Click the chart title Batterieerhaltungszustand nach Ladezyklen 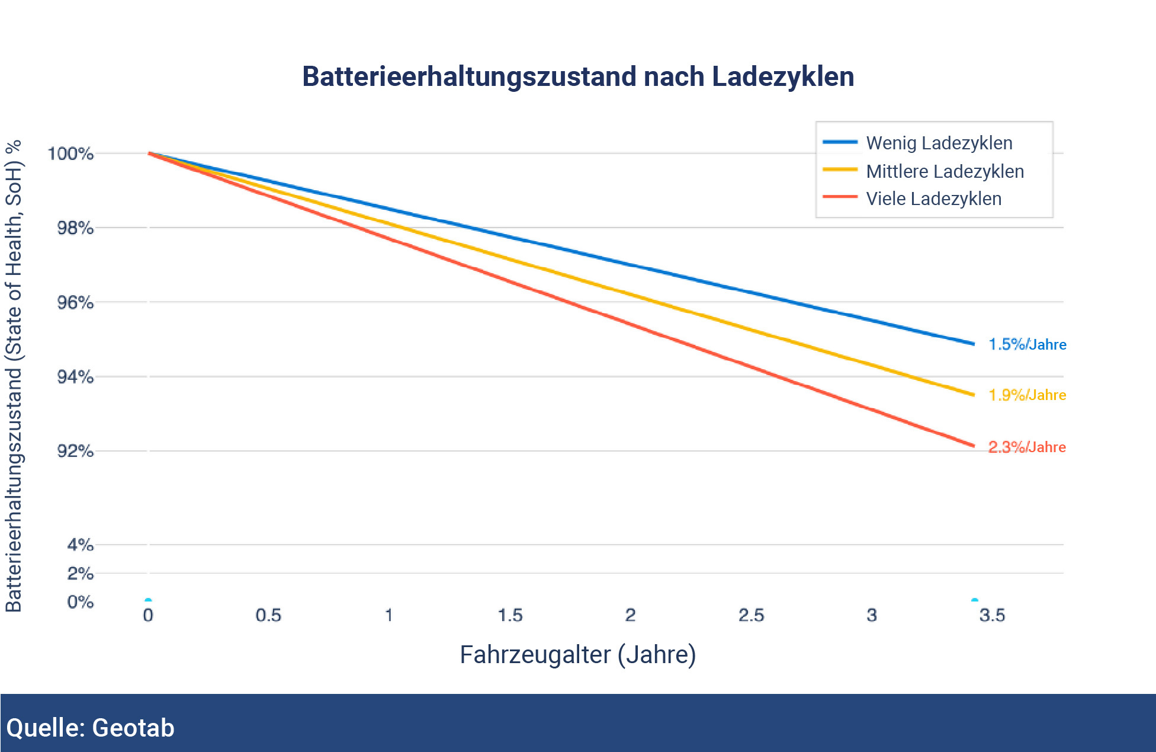coord(578,77)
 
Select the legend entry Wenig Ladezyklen coord(939,143)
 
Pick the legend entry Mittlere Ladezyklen coord(945,171)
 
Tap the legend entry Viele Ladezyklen coord(933,199)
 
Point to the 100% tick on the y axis coord(70,154)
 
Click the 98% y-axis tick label coord(75,228)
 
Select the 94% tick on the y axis coord(75,377)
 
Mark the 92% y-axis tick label coord(75,452)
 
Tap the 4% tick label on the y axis coord(80,545)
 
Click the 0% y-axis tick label coord(80,602)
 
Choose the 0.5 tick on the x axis coord(268,615)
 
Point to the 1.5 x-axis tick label coord(510,615)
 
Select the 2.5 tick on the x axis coord(751,615)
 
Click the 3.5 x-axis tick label coord(992,615)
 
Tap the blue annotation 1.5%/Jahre coord(1027,344)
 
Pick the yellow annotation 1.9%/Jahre coord(1027,395)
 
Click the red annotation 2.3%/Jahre coord(1027,447)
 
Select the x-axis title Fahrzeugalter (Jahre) coord(578,655)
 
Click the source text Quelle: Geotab coord(91,728)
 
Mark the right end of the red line coord(973,446)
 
